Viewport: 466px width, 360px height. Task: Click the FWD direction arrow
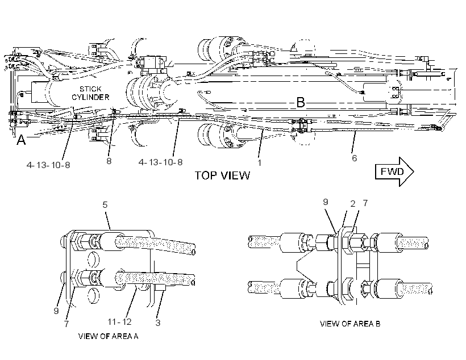[394, 171]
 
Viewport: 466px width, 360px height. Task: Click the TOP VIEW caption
[222, 175]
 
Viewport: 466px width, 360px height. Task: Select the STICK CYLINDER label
[90, 93]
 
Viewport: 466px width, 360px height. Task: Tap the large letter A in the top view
[21, 140]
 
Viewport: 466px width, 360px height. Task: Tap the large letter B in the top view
[301, 102]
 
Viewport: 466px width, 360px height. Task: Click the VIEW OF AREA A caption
[108, 336]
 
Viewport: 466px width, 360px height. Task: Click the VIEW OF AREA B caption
[350, 324]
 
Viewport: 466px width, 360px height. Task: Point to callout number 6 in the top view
[354, 158]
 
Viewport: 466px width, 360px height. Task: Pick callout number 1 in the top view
[260, 163]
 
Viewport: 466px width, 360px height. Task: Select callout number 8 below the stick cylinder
[109, 161]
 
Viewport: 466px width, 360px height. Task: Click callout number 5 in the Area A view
[105, 204]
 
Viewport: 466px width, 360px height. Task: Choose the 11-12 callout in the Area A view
[119, 322]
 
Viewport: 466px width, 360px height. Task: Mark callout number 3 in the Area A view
[158, 323]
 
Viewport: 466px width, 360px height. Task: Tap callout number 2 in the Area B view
[353, 204]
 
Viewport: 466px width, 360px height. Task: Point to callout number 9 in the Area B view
[326, 202]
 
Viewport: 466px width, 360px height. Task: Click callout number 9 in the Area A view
[56, 311]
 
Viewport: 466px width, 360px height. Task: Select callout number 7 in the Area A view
[66, 324]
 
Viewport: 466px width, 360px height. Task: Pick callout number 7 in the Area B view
[365, 203]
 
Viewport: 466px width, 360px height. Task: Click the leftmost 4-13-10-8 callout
[48, 165]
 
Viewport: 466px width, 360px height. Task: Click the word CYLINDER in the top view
[90, 97]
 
